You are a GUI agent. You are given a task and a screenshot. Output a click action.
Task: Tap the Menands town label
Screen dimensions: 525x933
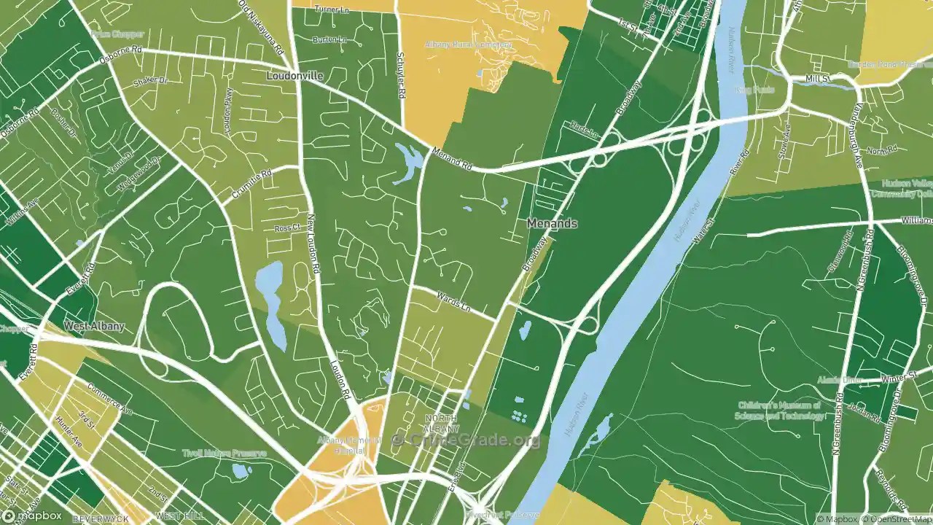(553, 223)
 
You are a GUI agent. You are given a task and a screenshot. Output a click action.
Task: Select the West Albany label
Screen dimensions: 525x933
(94, 326)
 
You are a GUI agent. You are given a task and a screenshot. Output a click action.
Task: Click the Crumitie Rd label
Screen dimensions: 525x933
(252, 184)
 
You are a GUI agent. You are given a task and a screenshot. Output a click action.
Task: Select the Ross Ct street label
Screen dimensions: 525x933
(287, 228)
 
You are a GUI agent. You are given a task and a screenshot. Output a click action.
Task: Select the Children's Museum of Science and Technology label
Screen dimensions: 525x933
(781, 411)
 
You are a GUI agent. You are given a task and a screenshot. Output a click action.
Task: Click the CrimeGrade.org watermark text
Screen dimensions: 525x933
(466, 440)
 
